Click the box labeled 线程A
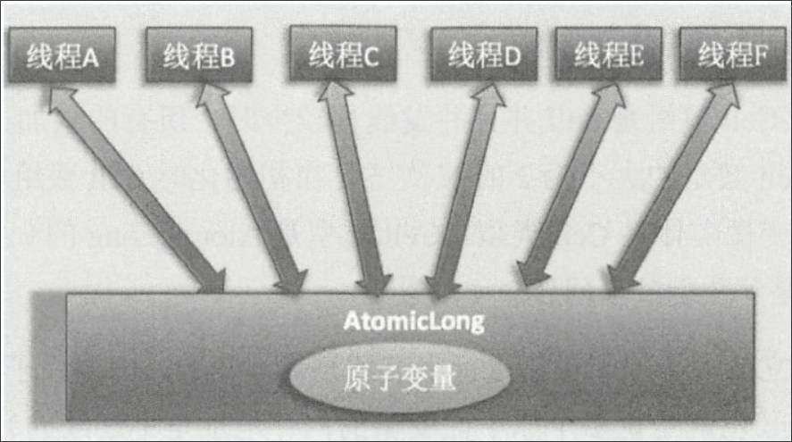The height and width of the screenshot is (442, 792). [x=61, y=56]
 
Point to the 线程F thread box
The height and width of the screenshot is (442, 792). [x=731, y=54]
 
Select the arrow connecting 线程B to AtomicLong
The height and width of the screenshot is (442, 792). [x=250, y=188]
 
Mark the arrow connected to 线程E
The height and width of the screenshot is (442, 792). [x=571, y=188]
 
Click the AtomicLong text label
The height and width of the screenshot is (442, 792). [x=404, y=320]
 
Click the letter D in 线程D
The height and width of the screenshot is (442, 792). [x=512, y=57]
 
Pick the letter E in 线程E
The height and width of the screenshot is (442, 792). [x=637, y=56]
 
